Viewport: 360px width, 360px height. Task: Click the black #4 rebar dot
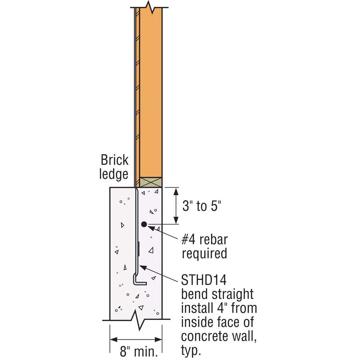(x=144, y=224)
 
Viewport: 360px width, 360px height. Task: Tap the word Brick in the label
(x=114, y=160)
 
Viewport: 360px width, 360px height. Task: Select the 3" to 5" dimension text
(x=202, y=206)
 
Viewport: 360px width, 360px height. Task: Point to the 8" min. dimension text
(x=139, y=351)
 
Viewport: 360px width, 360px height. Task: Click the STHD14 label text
(x=204, y=280)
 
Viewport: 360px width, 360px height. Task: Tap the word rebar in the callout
(x=213, y=239)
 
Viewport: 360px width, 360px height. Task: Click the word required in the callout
(x=204, y=254)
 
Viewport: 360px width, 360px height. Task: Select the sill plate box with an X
(x=151, y=182)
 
